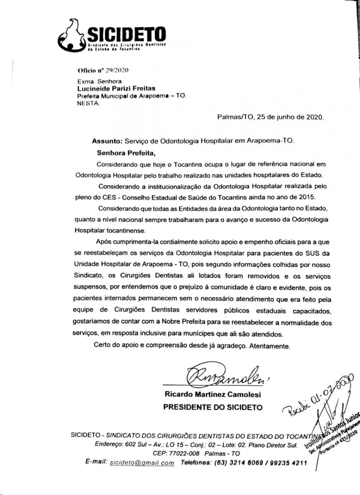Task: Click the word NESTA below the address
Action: (x=88, y=104)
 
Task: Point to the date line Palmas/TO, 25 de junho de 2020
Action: (x=271, y=117)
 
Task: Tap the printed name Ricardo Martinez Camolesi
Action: (x=213, y=395)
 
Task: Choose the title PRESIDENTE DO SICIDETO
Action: (x=213, y=407)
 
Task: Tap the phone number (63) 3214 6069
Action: (x=235, y=463)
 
